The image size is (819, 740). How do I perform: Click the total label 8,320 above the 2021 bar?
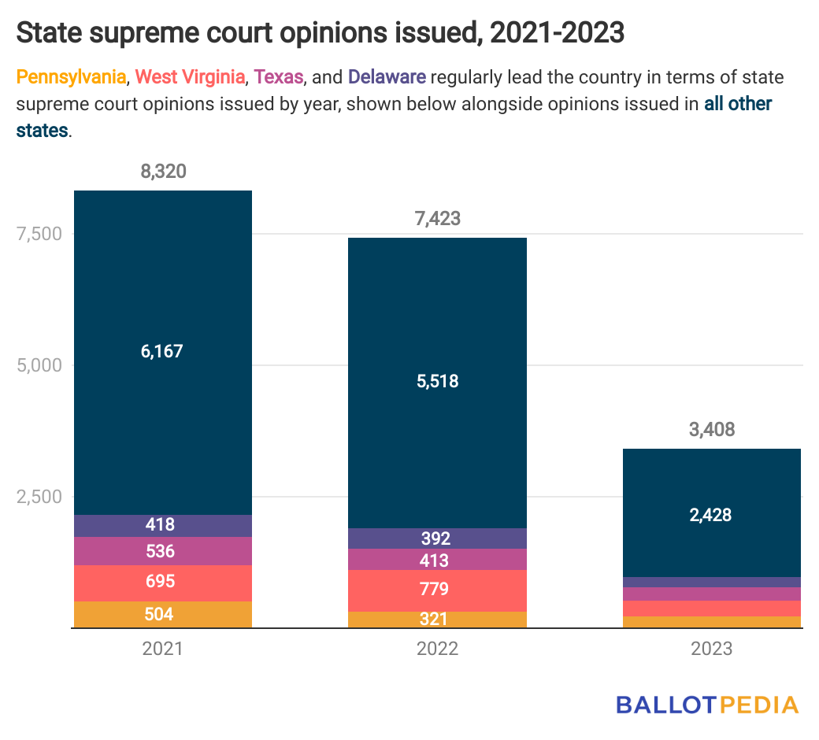(x=163, y=172)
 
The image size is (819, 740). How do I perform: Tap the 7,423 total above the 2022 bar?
(x=437, y=219)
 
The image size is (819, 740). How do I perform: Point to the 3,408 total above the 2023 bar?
(x=711, y=430)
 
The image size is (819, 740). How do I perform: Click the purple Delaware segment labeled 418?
(x=163, y=525)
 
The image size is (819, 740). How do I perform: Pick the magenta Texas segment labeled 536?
(x=163, y=551)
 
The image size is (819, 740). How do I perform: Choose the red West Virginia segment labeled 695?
(x=163, y=583)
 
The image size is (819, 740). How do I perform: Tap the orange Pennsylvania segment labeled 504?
(x=163, y=614)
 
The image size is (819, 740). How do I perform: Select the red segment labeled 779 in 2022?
(x=437, y=590)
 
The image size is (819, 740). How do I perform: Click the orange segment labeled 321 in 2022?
(x=437, y=619)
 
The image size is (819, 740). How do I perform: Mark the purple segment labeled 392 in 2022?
(x=437, y=538)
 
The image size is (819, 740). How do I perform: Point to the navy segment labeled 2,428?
(x=711, y=515)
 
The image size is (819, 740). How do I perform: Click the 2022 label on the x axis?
(x=437, y=649)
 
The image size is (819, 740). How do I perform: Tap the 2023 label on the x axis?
(x=711, y=649)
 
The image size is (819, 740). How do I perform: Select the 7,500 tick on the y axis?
(x=37, y=234)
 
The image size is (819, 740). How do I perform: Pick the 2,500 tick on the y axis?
(x=37, y=497)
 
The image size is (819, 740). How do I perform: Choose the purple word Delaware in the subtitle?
(x=387, y=77)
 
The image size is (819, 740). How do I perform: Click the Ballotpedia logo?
(x=707, y=705)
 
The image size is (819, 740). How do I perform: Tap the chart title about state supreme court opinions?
(x=320, y=33)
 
